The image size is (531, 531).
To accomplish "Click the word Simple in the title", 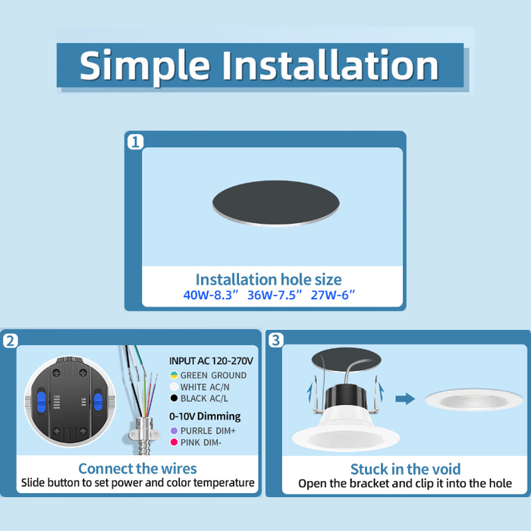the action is [145, 66].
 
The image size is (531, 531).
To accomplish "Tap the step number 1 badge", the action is [136, 142].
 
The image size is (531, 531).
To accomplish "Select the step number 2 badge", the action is [11, 341].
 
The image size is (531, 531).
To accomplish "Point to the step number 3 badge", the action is [276, 340].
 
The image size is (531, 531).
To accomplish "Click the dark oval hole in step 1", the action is [275, 203].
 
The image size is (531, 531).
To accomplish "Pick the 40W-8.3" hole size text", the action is [211, 295].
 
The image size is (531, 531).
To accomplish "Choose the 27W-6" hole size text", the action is [332, 295].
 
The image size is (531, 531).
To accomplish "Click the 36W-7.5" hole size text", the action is [275, 295].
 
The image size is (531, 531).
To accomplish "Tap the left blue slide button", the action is [41, 401].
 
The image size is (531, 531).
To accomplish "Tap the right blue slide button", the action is [98, 401].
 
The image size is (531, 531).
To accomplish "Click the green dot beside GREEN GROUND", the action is [174, 375].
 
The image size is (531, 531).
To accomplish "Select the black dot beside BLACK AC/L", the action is [174, 398].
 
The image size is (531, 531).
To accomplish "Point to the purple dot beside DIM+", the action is [174, 430].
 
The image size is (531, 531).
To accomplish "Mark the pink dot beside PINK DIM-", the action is [174, 442].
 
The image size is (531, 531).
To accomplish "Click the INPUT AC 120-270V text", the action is [211, 361].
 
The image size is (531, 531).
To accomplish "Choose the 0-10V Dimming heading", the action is [205, 416].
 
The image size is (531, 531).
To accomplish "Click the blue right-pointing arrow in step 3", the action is [405, 398].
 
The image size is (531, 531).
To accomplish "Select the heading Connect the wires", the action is [137, 469].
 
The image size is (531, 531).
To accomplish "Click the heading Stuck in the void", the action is [405, 470].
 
